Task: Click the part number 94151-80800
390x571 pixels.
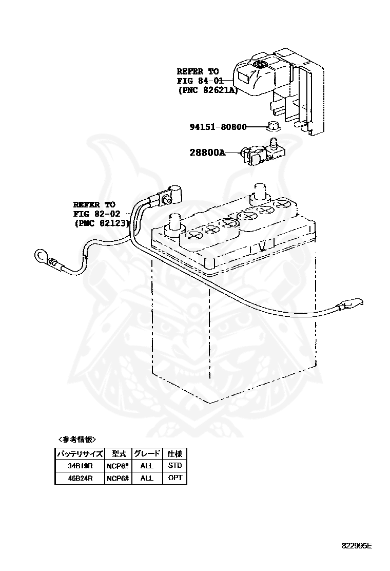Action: click(x=218, y=127)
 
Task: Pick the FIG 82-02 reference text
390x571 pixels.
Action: click(x=94, y=213)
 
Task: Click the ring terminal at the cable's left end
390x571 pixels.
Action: click(x=41, y=255)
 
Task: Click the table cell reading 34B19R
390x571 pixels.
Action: click(x=80, y=466)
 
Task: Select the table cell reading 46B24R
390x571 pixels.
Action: click(x=80, y=478)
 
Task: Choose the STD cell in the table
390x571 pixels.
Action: click(x=174, y=466)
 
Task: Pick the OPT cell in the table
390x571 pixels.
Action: click(x=174, y=478)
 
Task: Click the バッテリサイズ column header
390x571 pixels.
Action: click(x=80, y=453)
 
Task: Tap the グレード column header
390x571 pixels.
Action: click(x=147, y=453)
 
